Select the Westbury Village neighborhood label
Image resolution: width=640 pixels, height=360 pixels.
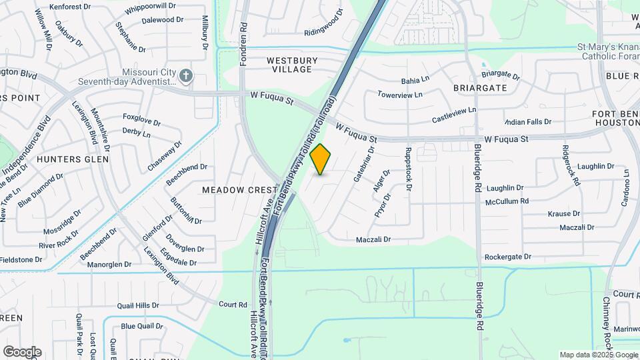(289, 65)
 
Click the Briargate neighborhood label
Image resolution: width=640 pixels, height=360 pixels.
(480, 88)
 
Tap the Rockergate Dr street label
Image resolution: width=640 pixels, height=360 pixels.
(508, 257)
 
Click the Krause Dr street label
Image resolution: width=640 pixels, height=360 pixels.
(563, 214)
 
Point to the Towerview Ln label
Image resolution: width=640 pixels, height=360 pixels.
(400, 95)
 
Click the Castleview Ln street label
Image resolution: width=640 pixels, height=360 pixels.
(455, 114)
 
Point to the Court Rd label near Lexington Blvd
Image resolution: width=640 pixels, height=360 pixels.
(233, 305)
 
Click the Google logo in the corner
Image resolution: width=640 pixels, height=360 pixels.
(22, 351)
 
